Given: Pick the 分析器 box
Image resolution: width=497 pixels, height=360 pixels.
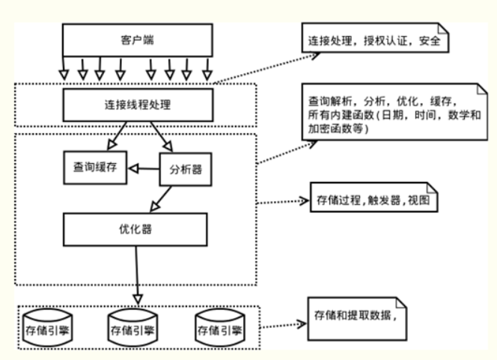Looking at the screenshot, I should (x=183, y=168).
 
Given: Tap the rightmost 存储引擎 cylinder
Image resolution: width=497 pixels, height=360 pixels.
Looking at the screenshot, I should (x=218, y=326).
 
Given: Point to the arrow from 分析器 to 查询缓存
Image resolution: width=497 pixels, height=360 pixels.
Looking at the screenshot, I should (x=143, y=169).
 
